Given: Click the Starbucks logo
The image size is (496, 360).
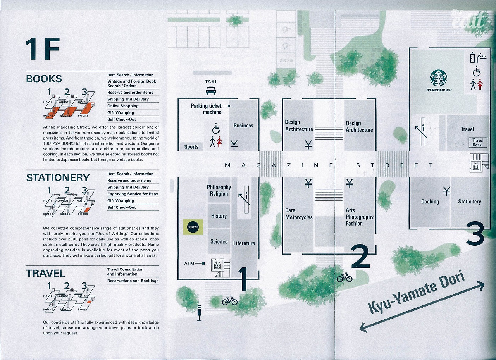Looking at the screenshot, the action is tap(438, 78).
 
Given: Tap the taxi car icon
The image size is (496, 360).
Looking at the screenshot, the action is tap(210, 91).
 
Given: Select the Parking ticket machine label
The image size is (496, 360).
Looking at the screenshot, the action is tap(206, 109).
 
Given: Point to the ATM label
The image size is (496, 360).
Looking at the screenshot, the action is tap(189, 264).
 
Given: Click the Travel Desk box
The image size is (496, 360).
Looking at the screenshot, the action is tap(477, 143).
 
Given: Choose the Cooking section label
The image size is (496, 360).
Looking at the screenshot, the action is tap(430, 202).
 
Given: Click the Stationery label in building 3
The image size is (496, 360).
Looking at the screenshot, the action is tap(469, 202).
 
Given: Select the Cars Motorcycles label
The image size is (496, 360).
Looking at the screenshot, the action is tap(299, 214).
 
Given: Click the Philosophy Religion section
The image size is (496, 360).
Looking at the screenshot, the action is tap(219, 190).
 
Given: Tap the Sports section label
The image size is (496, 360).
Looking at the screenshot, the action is tap(191, 146).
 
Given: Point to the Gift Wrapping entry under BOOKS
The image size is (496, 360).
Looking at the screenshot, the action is tap(121, 113).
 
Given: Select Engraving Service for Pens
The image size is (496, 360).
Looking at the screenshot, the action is tap(133, 194).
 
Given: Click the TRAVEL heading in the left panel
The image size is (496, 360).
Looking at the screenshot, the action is tap(45, 273).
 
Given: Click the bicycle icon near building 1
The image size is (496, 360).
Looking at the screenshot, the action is tap(229, 300).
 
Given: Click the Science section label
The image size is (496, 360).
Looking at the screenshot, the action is tap(219, 241).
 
